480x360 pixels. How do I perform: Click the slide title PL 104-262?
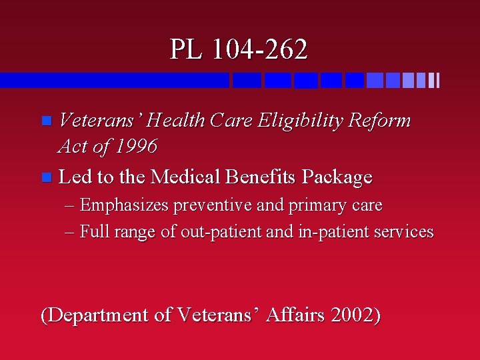(239, 49)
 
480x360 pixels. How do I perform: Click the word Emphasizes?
(124, 205)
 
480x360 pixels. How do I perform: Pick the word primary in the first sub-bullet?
(315, 206)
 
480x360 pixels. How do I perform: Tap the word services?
(403, 232)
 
